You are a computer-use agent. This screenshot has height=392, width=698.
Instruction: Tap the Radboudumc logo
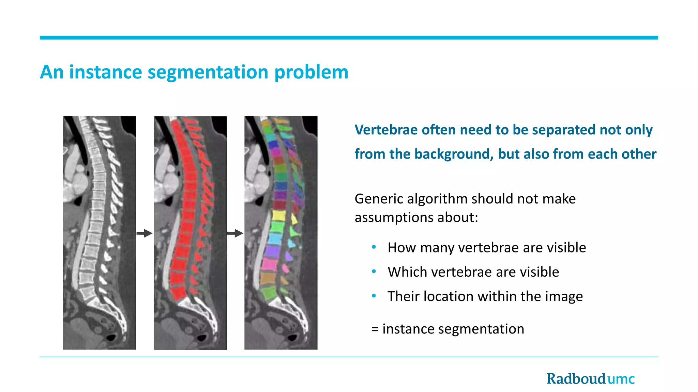coord(590,379)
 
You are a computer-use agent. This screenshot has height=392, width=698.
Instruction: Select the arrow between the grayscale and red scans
coord(145,233)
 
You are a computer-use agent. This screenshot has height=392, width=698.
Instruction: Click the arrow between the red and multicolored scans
coord(235,233)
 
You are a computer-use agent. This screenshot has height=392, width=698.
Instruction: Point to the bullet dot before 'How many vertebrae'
coord(374,247)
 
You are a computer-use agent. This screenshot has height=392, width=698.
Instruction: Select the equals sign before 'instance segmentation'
coord(375,329)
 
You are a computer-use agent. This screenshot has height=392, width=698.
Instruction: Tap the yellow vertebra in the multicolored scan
coord(279,215)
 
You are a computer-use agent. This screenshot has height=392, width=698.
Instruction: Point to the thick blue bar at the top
coord(349,37)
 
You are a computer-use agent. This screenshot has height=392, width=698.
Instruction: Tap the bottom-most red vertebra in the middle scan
coord(178,293)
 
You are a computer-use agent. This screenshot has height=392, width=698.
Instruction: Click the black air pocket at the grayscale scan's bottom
coord(111,338)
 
